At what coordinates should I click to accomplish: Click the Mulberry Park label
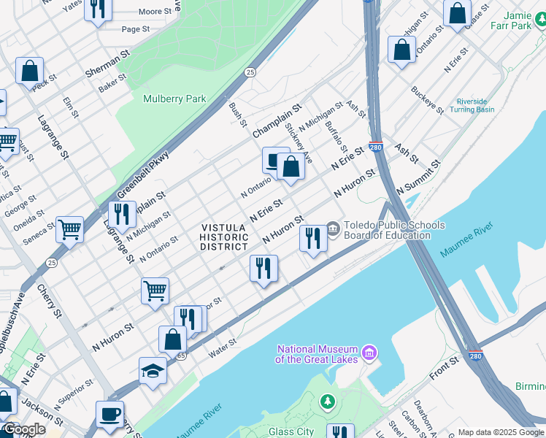click(x=174, y=99)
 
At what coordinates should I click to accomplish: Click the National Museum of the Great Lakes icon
click(x=370, y=353)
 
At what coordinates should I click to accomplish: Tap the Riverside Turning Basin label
click(x=475, y=105)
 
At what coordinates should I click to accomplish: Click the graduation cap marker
click(x=153, y=371)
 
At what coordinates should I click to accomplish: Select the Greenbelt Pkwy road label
click(x=143, y=176)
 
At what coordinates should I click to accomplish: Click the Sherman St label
click(x=107, y=64)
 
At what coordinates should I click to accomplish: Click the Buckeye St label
click(x=427, y=100)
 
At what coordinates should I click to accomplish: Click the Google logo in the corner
click(x=24, y=430)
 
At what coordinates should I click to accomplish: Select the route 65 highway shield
click(x=180, y=356)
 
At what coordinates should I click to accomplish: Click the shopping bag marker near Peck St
click(x=30, y=72)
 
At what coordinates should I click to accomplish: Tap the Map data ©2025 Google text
click(x=500, y=432)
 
